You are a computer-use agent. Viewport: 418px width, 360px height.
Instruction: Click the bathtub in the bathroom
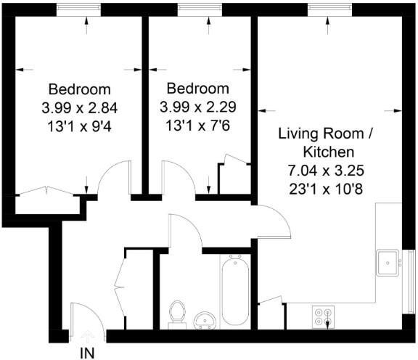pos(237,291)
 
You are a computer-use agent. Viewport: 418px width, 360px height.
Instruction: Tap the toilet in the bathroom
pos(176,313)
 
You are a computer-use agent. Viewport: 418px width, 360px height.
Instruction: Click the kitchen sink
pos(388,261)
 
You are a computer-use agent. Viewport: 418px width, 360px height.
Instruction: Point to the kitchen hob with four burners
pos(321,316)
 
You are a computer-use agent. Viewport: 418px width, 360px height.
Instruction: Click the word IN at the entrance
pos(87,353)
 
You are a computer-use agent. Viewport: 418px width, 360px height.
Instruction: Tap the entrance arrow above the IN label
pos(87,336)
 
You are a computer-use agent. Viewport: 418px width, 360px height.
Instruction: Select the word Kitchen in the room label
pos(328,152)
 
